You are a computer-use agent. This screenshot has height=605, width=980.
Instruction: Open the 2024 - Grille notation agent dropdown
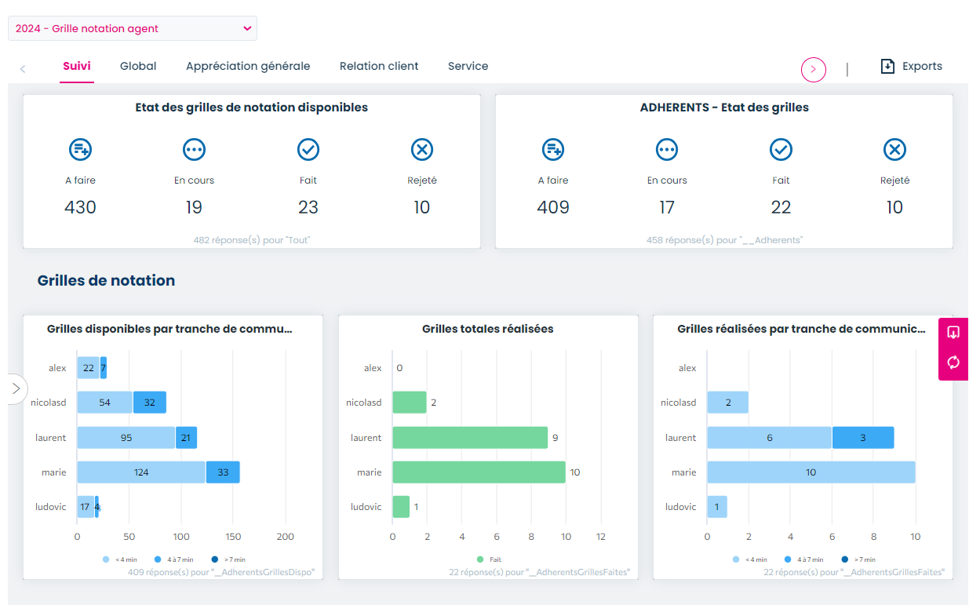[x=132, y=28]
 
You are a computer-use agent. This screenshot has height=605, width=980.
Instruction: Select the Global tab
[x=138, y=67]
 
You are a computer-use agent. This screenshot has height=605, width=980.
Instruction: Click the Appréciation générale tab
[x=248, y=67]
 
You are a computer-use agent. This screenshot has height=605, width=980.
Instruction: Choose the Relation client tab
[x=379, y=67]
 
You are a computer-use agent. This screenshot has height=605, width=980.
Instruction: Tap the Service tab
[x=468, y=67]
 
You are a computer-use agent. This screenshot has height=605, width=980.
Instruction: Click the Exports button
[x=911, y=67]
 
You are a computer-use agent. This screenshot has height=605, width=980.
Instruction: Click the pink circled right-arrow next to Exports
[x=813, y=70]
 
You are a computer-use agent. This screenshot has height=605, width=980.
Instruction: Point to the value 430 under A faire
[x=80, y=207]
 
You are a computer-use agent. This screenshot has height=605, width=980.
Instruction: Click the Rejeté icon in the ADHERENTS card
[x=894, y=149]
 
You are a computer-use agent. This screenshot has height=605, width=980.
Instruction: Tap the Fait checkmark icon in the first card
[x=308, y=149]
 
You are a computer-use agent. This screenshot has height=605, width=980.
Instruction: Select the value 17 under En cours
[x=666, y=207]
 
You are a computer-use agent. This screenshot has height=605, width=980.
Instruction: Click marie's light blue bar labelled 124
[x=141, y=472]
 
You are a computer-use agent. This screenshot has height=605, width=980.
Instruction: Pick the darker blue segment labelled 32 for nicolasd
[x=149, y=403]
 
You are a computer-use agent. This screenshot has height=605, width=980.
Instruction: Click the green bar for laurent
[x=469, y=438]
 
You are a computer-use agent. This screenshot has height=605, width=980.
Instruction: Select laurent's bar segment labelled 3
[x=862, y=438]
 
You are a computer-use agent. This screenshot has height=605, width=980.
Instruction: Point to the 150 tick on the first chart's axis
[x=234, y=537]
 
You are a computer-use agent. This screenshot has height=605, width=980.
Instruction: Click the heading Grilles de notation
[x=106, y=281]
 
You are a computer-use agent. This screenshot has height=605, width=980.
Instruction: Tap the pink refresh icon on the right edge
[x=953, y=362]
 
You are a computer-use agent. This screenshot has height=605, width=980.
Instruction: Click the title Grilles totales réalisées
[x=487, y=329]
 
